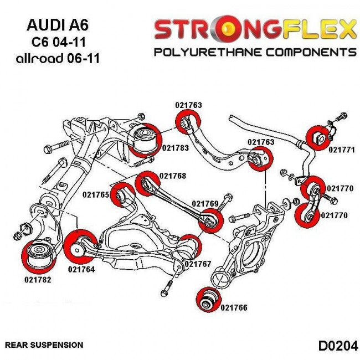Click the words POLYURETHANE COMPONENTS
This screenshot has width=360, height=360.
(x=254, y=53)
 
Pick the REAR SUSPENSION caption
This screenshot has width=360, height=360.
(x=44, y=345)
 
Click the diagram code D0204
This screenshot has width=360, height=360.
(x=337, y=345)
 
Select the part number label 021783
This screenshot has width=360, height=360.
(x=175, y=148)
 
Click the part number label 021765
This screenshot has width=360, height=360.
(x=96, y=195)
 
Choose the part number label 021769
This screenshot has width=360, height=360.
(x=205, y=204)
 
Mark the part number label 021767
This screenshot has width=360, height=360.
(x=198, y=264)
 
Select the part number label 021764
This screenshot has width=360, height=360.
(x=81, y=270)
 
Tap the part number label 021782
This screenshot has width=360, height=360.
(x=38, y=280)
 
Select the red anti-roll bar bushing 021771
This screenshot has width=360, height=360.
(x=319, y=137)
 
